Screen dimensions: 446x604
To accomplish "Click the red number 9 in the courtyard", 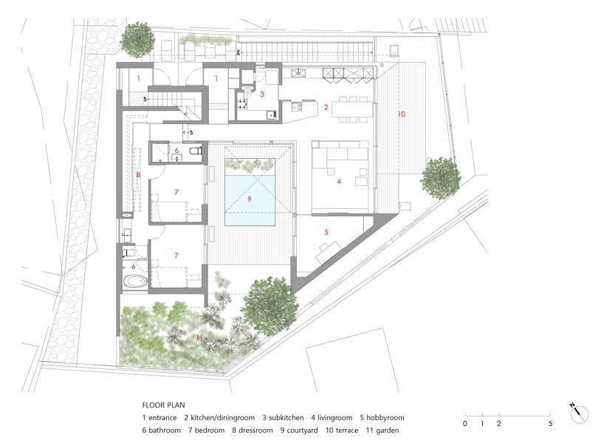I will click(250, 199).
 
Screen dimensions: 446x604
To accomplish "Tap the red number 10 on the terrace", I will click(401, 114).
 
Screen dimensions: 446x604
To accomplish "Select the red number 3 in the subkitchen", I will click(261, 95).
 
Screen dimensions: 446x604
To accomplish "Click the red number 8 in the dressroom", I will click(138, 175).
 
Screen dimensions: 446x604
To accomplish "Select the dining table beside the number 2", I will click(353, 109).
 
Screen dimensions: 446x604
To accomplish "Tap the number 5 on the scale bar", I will click(550, 424).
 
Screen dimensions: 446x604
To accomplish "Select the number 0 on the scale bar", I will click(464, 424).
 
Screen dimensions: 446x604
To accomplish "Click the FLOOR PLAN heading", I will click(163, 405).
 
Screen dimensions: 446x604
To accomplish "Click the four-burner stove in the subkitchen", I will click(241, 104).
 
